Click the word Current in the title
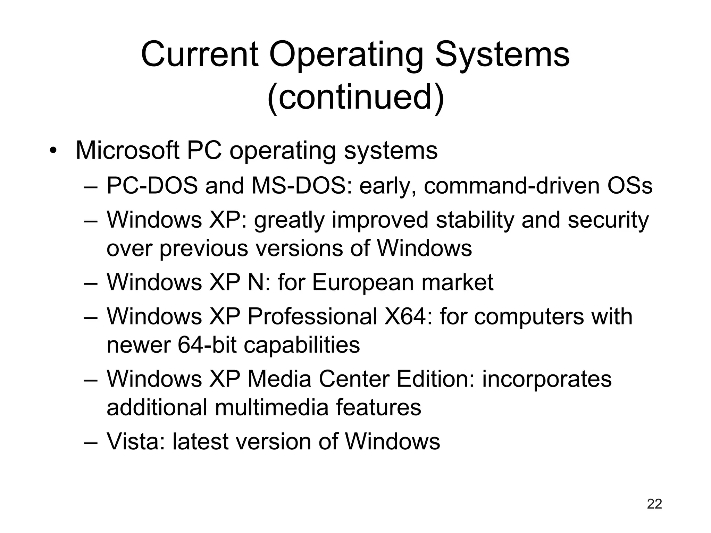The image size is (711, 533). (200, 54)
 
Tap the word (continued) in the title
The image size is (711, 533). (355, 97)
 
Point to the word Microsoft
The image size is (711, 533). (127, 151)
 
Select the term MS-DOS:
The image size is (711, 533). (302, 186)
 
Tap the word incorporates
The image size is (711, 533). (547, 379)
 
